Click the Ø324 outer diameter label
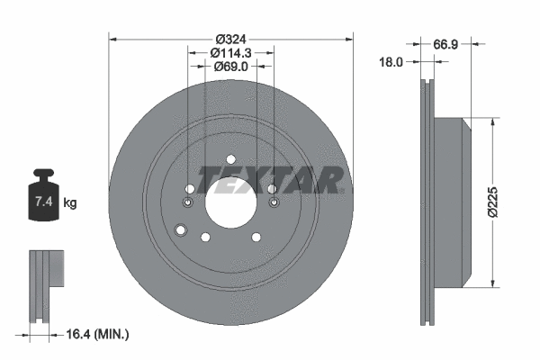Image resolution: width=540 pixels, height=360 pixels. (230, 39)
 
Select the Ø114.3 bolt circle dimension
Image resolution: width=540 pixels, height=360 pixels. (230, 54)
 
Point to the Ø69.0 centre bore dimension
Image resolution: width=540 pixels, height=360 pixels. (230, 68)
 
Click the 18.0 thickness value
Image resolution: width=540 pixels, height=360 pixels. (391, 62)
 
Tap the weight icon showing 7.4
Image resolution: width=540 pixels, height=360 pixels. (42, 193)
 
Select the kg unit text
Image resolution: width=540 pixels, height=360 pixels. (71, 203)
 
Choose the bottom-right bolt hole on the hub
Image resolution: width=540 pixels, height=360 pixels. (256, 237)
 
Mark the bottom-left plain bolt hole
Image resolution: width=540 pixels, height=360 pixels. (205, 237)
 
